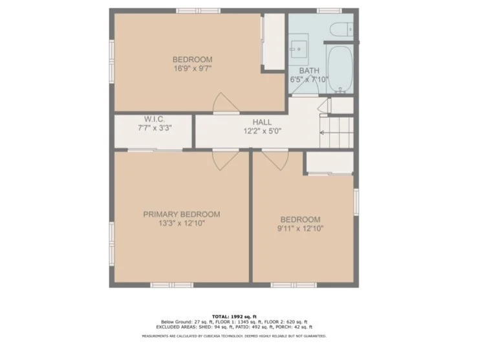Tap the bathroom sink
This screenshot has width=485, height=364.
click(x=299, y=47)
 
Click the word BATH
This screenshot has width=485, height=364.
click(x=308, y=71)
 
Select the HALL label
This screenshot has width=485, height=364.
click(x=262, y=122)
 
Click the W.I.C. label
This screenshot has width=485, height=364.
click(x=155, y=119)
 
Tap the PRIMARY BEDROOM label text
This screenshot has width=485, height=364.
click(x=181, y=214)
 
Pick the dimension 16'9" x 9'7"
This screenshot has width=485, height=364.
click(x=192, y=69)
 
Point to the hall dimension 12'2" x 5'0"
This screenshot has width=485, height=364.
click(x=262, y=131)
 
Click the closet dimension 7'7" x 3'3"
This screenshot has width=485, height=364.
click(x=155, y=128)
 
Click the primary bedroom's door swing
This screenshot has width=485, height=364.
click(x=226, y=159)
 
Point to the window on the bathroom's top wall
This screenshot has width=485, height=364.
click(x=329, y=10)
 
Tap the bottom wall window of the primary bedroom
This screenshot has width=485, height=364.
click(x=171, y=285)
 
